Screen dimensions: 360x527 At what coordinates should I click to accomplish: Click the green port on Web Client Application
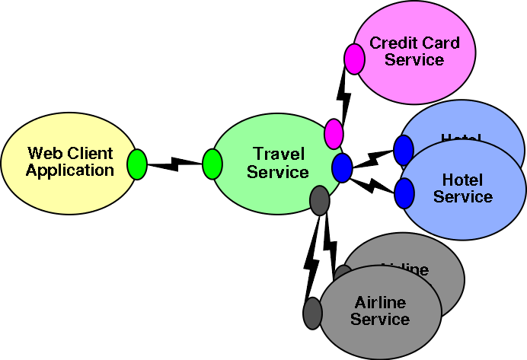pyautogui.click(x=136, y=164)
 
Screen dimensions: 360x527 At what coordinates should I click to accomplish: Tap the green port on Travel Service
pyautogui.click(x=212, y=164)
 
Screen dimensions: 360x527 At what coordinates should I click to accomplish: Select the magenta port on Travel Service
pyautogui.click(x=334, y=134)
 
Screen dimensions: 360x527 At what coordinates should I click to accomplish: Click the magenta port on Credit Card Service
pyautogui.click(x=354, y=59)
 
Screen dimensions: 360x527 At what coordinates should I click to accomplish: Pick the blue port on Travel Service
pyautogui.click(x=342, y=167)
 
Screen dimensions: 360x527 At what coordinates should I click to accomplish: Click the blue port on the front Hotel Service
pyautogui.click(x=404, y=193)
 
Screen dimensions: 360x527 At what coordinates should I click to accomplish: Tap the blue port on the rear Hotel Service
pyautogui.click(x=403, y=150)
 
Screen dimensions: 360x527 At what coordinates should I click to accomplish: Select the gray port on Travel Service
pyautogui.click(x=320, y=200)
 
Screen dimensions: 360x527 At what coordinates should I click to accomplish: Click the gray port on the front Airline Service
pyautogui.click(x=312, y=313)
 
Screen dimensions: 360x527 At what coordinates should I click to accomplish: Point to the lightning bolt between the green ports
pyautogui.click(x=174, y=164)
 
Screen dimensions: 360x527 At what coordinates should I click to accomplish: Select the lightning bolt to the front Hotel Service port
pyautogui.click(x=373, y=184)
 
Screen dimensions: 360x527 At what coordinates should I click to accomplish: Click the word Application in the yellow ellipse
pyautogui.click(x=70, y=171)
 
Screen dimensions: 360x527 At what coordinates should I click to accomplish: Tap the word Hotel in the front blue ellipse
pyautogui.click(x=463, y=180)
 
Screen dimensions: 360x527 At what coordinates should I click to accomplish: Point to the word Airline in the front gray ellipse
pyautogui.click(x=380, y=303)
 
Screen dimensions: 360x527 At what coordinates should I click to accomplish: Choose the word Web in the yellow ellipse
pyautogui.click(x=42, y=155)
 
